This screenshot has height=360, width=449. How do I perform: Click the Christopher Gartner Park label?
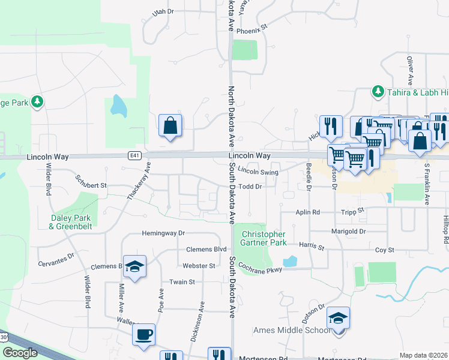[264, 238]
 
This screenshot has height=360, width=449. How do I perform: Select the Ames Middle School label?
[292, 330]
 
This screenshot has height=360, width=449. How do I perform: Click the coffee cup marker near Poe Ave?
[143, 335]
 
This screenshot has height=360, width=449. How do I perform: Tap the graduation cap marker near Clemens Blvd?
[136, 266]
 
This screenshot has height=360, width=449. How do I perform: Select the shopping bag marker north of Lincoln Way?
[170, 126]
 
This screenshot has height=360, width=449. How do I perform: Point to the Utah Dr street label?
[163, 11]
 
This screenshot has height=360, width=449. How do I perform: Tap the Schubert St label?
[91, 185]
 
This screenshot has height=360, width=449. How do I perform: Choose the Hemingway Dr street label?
[163, 233]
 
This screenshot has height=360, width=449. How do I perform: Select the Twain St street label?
[182, 281]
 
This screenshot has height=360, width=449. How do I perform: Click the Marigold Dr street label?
[349, 231]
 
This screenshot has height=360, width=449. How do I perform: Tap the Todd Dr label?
[251, 187]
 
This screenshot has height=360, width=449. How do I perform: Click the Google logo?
[20, 353]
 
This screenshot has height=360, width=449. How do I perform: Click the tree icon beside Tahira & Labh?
[378, 91]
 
